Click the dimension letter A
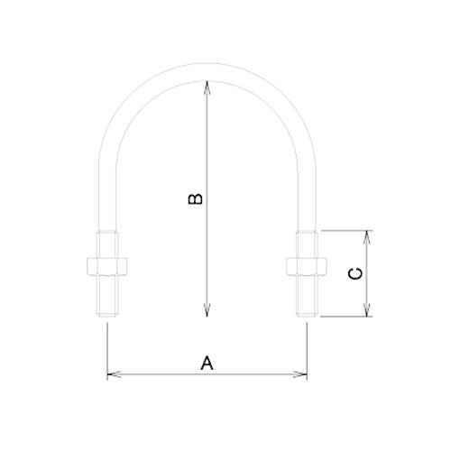point(206,363)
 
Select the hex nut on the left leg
point(107,265)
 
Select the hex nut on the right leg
point(306,265)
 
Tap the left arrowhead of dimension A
point(112,373)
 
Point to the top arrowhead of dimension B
point(208,85)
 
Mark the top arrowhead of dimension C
point(367,235)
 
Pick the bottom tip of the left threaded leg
point(107,316)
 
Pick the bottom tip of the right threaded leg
point(306,316)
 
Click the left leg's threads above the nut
point(107,244)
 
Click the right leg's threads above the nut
point(306,244)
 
